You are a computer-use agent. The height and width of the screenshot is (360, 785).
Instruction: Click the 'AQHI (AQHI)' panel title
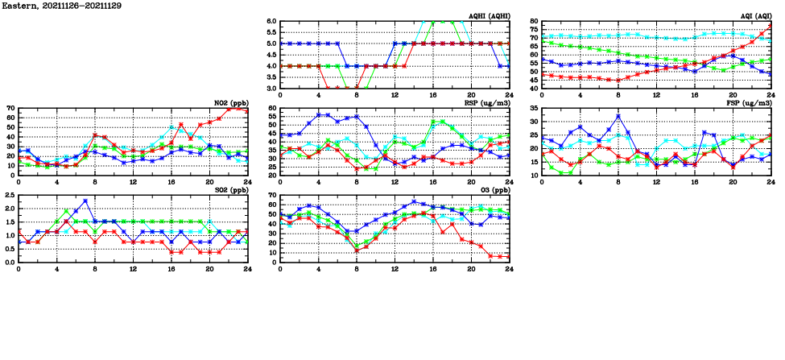488,16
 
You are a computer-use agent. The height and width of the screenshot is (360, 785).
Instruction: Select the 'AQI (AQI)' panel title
754,16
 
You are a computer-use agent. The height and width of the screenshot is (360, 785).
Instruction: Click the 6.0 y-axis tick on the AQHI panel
271,21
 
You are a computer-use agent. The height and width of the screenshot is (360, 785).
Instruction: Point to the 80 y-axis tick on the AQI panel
533,21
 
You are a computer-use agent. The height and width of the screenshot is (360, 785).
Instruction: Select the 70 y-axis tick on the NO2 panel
10,108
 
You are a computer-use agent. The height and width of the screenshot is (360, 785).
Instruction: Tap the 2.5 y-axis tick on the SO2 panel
9,195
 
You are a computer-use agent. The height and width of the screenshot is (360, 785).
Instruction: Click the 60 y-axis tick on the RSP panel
272,108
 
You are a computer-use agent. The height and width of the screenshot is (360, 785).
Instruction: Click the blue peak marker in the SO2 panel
85,201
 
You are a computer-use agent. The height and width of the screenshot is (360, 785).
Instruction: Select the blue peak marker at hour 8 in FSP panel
618,116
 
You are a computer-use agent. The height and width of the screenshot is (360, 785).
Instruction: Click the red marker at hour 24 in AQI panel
771,25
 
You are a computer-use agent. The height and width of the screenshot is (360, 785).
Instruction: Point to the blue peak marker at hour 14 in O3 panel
414,201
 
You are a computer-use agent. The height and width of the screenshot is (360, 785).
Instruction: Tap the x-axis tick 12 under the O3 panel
395,269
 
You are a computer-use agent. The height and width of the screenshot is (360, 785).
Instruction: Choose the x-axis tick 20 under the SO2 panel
209,269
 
